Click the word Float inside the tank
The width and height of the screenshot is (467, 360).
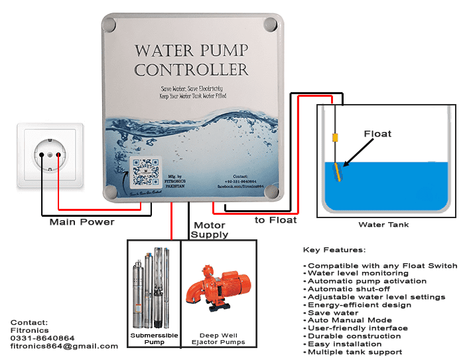tap(377, 134)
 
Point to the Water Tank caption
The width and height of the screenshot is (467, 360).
tap(383, 225)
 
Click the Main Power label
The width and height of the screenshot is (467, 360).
tap(82, 222)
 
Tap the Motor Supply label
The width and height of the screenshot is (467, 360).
tap(209, 230)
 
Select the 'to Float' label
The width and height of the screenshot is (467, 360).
tap(275, 219)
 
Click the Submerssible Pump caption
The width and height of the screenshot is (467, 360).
tap(153, 339)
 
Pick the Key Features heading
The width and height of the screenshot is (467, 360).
tap(334, 250)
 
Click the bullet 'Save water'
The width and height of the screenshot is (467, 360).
tap(332, 313)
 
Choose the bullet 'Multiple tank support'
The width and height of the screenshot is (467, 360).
tap(354, 352)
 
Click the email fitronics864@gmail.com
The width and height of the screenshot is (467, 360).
tap(64, 346)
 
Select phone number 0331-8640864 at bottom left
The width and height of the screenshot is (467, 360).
tap(42, 338)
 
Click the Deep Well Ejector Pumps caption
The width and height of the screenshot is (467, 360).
tap(218, 339)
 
